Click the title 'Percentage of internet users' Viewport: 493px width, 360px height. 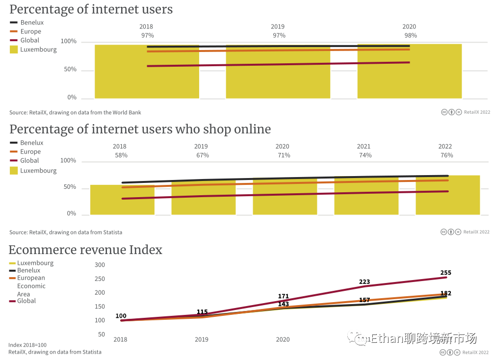tap(91, 9)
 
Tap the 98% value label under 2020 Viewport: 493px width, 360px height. tap(410, 35)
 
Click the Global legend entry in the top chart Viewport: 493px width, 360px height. tap(29, 40)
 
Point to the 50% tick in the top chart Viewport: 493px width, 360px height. tap(70, 70)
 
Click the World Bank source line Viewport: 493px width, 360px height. tap(75, 112)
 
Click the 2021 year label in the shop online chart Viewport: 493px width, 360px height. tap(364, 146)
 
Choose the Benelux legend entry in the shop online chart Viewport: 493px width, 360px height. tap(31, 143)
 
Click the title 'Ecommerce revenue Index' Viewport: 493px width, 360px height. tap(85, 250)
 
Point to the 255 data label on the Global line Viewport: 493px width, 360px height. tap(445, 273)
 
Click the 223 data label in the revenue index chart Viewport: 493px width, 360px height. tap(364, 282)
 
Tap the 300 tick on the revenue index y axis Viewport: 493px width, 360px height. tap(100, 265)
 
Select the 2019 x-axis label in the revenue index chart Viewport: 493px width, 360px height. tap(202, 339)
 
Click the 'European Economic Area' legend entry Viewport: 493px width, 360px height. tap(31, 285)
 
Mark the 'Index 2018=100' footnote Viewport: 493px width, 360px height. tap(27, 345)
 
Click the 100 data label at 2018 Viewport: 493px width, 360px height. tap(121, 316)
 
